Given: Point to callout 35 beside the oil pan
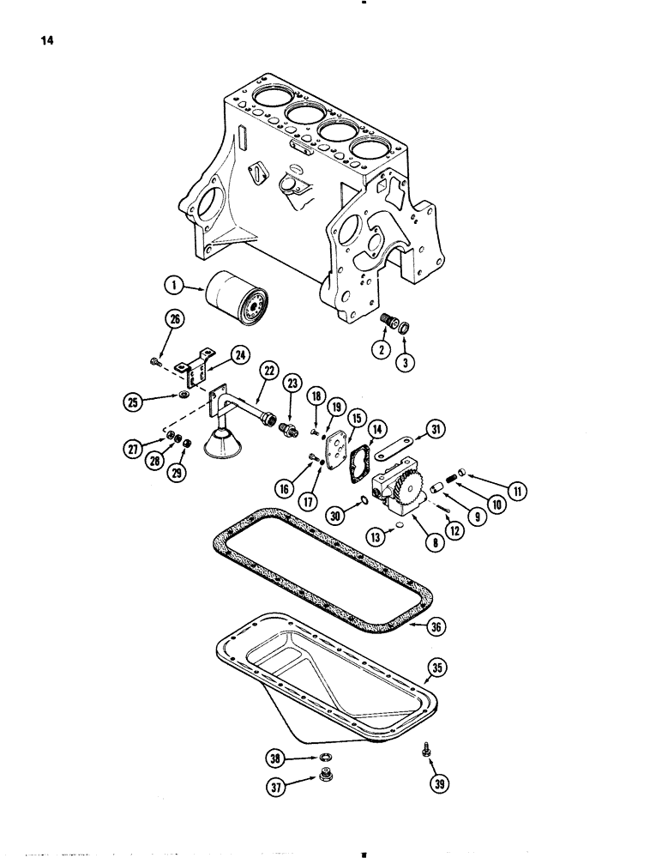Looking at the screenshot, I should pos(439,666).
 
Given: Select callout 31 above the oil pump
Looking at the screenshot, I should pos(436,430).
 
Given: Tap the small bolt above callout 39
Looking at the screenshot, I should pos(427,750).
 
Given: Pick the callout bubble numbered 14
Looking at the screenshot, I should pos(376,428).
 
